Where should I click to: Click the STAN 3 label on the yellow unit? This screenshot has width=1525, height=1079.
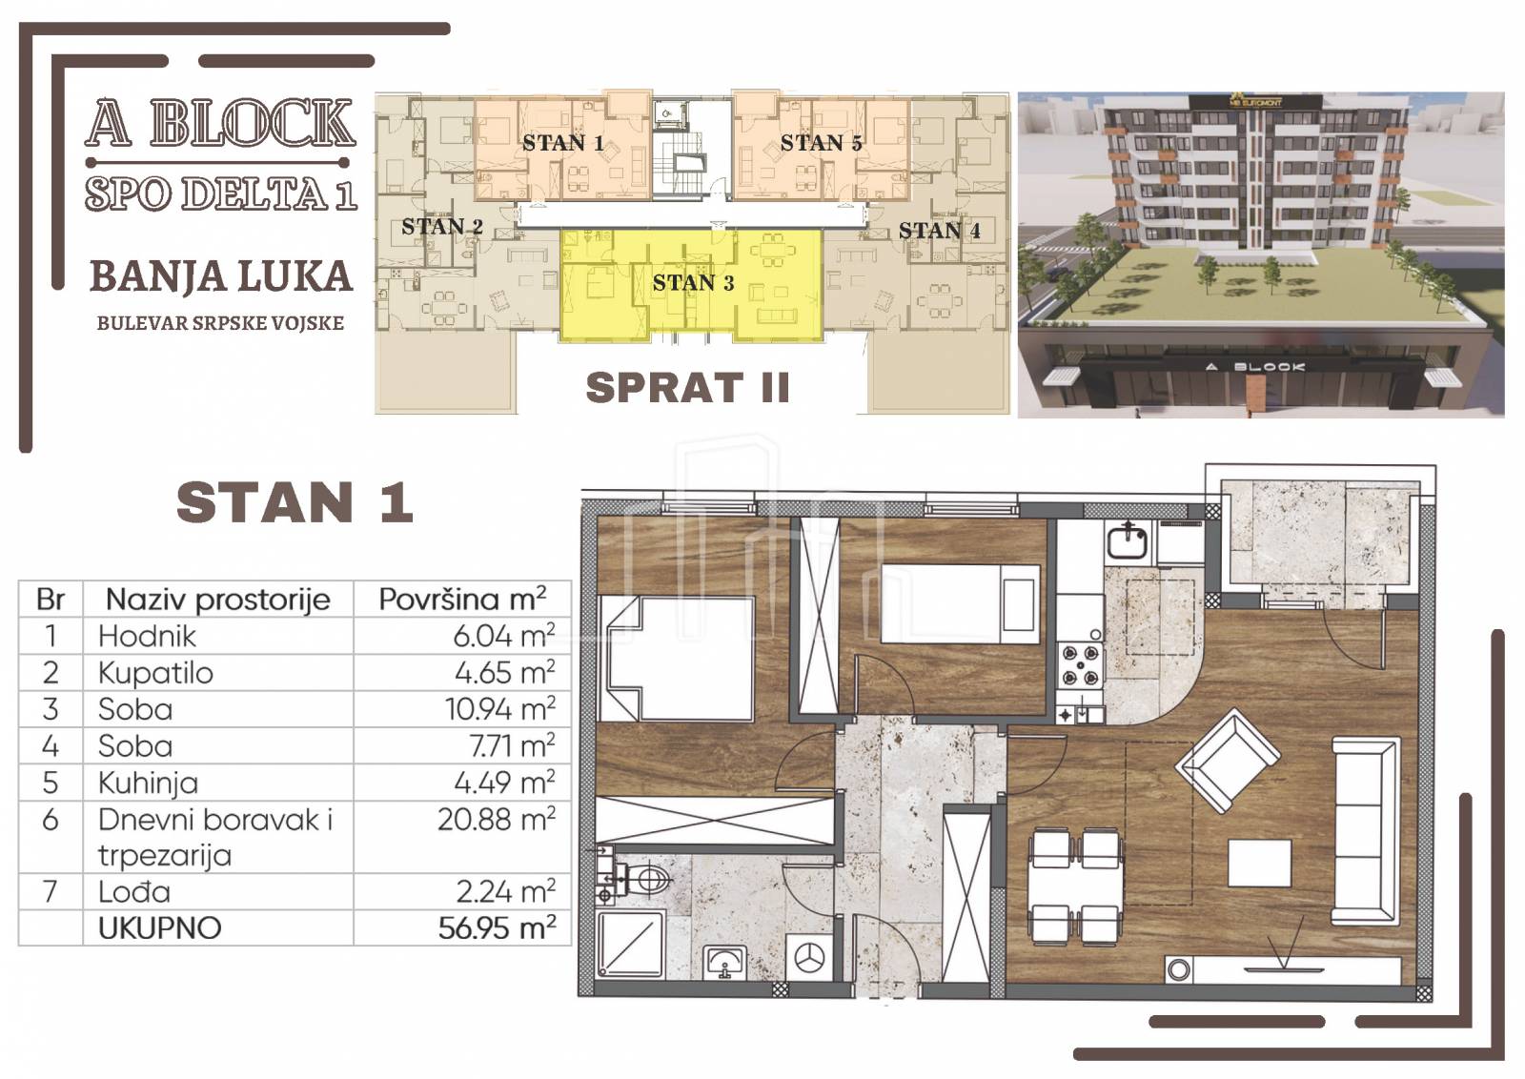tap(693, 282)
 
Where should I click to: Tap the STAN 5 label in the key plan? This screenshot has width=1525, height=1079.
tap(821, 143)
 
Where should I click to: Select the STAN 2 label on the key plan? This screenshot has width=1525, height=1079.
tap(442, 226)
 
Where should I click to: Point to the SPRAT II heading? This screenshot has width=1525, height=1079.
tap(687, 387)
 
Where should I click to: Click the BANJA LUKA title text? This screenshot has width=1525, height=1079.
tap(221, 276)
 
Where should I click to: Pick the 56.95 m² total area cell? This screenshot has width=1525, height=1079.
tap(497, 927)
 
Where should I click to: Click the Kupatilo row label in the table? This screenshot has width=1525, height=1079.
tap(155, 673)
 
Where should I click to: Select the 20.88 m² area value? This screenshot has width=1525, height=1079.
tap(497, 819)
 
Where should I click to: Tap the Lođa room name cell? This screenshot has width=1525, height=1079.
tap(134, 891)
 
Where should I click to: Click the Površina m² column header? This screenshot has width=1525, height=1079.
tap(462, 599)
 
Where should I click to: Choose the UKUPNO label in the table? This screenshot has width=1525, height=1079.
tap(160, 927)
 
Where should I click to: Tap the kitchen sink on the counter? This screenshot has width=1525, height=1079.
tap(1128, 541)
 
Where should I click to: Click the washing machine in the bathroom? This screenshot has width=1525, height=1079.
tap(809, 957)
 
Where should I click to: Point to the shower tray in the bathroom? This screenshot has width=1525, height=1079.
tap(630, 945)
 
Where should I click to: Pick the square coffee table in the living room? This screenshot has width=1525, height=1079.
tap(1260, 863)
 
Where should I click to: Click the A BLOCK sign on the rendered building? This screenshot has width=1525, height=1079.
tap(1255, 367)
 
